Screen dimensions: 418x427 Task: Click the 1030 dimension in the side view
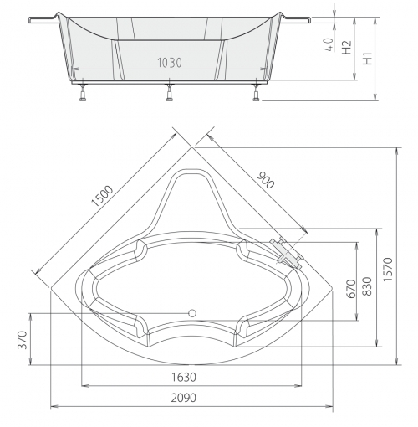tap(170, 63)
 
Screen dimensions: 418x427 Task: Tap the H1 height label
tap(368, 59)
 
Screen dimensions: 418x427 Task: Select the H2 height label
tap(346, 47)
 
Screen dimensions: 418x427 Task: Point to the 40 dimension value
tap(329, 44)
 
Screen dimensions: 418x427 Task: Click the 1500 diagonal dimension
tap(103, 196)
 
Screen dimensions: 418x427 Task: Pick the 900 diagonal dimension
tap(265, 180)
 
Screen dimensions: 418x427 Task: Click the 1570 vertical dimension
tap(388, 270)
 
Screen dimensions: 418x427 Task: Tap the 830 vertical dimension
tap(367, 286)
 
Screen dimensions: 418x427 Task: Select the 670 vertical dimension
tap(352, 289)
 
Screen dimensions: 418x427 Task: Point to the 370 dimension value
tap(22, 340)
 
